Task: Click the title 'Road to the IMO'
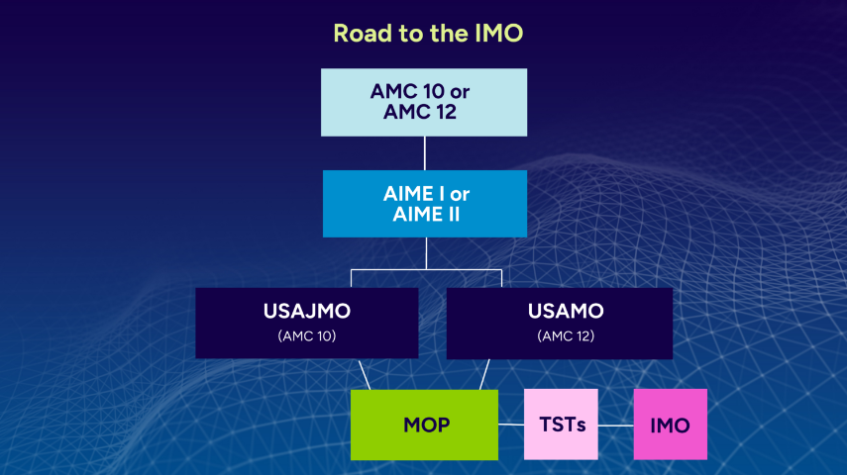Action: pyautogui.click(x=428, y=34)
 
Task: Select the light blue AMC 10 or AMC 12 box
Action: pyautogui.click(x=424, y=102)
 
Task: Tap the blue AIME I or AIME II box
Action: pyautogui.click(x=425, y=204)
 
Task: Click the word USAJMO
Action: pyautogui.click(x=307, y=311)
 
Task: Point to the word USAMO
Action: pyautogui.click(x=566, y=311)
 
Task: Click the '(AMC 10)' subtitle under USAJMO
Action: pyautogui.click(x=307, y=336)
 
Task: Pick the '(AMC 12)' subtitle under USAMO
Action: pyautogui.click(x=566, y=336)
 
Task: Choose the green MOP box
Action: pyautogui.click(x=424, y=425)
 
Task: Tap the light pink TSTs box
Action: pyautogui.click(x=561, y=425)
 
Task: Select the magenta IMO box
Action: pyautogui.click(x=671, y=425)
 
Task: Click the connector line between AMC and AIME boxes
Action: pyautogui.click(x=425, y=153)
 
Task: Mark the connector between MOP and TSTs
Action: pyautogui.click(x=511, y=425)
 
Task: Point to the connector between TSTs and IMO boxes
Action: pyautogui.click(x=616, y=426)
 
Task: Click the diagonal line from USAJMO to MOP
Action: pyautogui.click(x=365, y=374)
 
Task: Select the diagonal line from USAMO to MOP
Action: pyautogui.click(x=484, y=374)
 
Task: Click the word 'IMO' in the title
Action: pyautogui.click(x=499, y=34)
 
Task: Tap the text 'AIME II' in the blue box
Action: pyautogui.click(x=426, y=215)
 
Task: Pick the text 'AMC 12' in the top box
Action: pyautogui.click(x=420, y=112)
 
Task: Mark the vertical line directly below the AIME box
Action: pyautogui.click(x=426, y=253)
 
